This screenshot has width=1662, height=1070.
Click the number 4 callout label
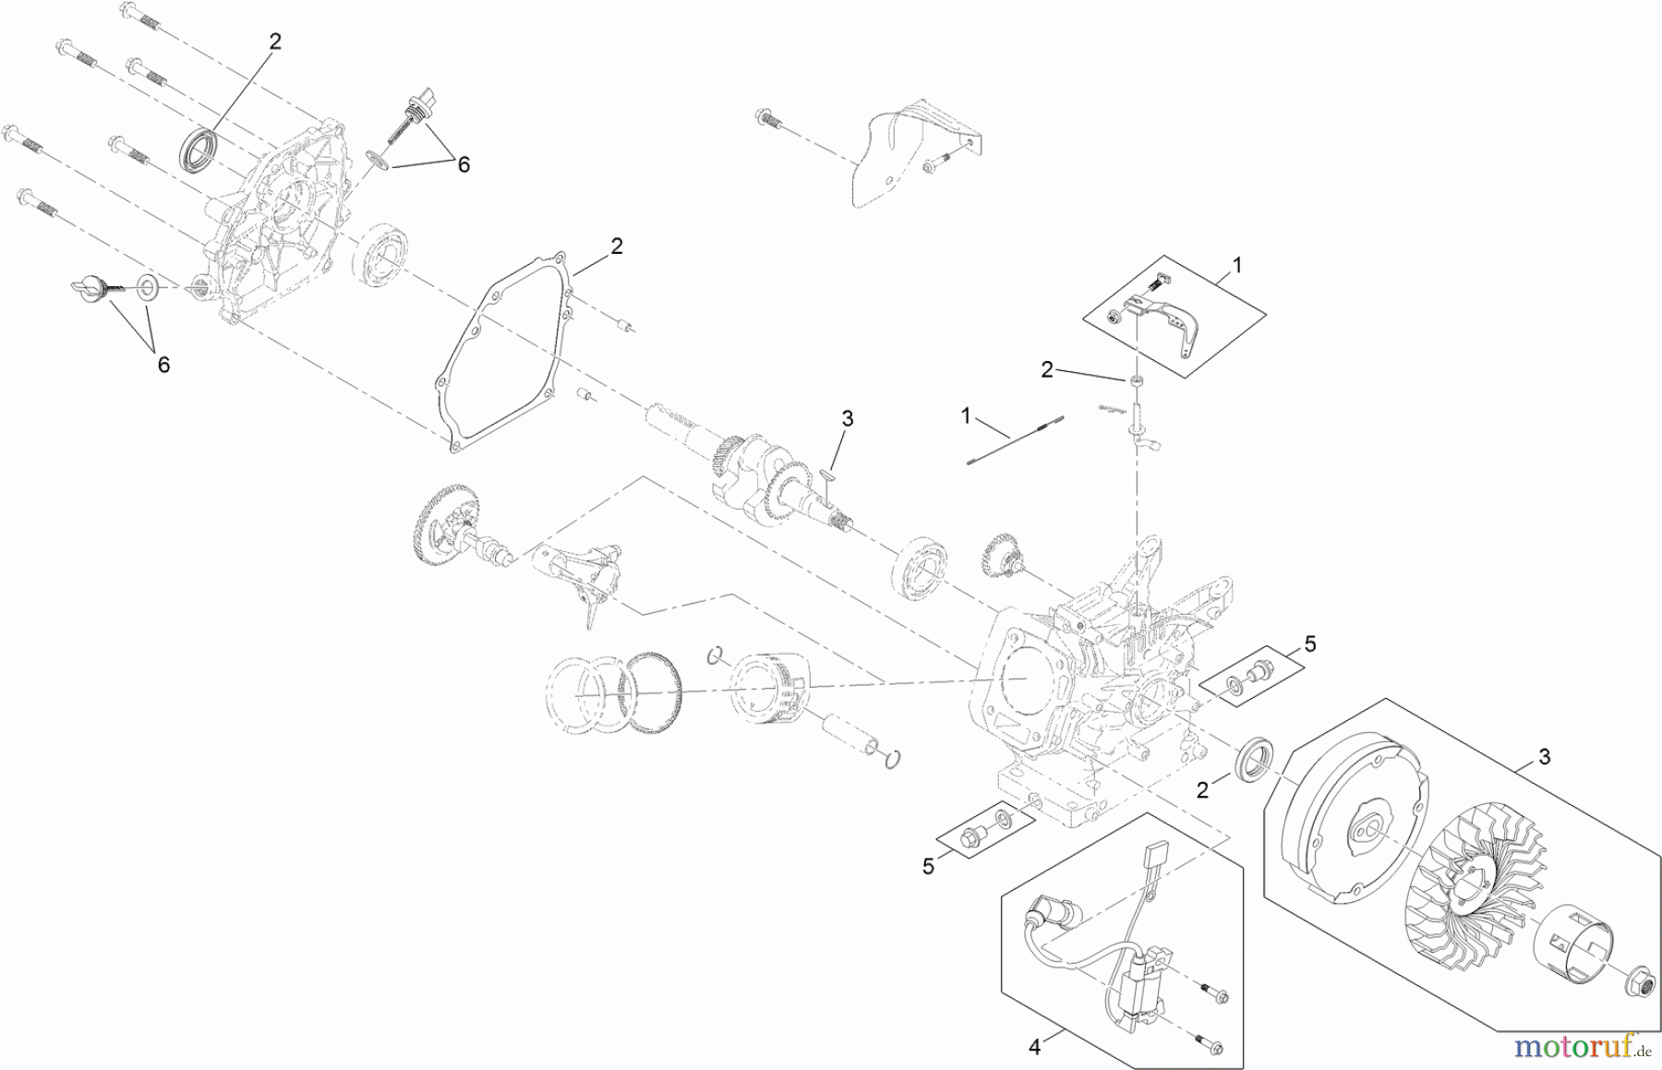[1034, 1047]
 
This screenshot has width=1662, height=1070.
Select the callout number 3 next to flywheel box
[1544, 757]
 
